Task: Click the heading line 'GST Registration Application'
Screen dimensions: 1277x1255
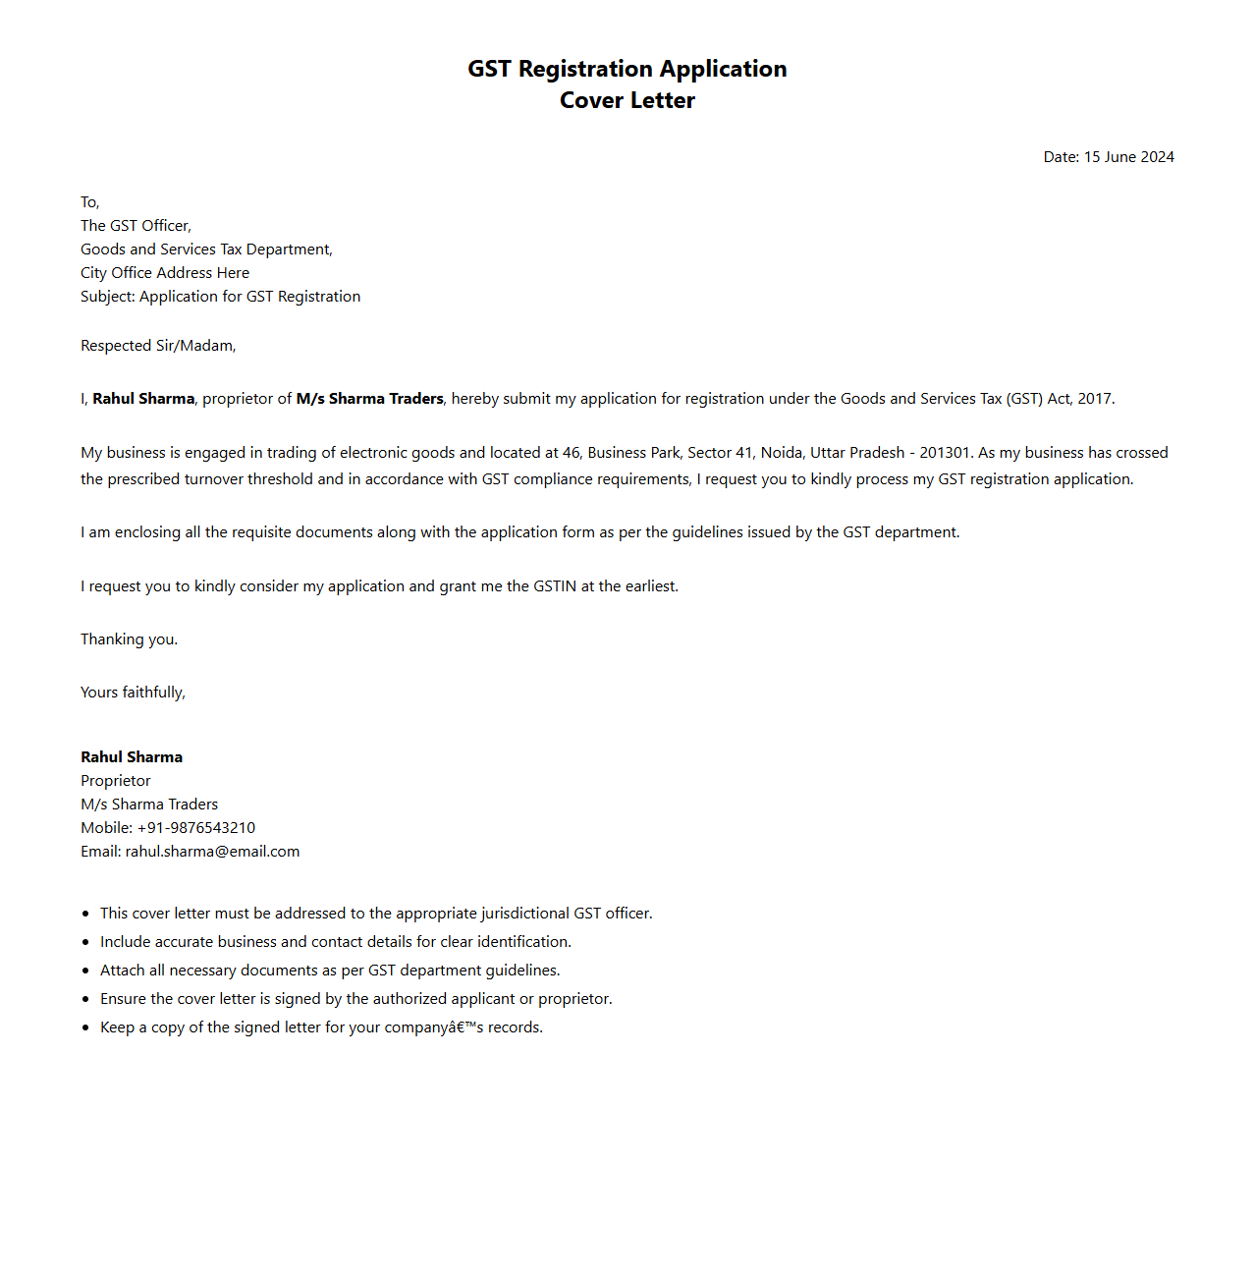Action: (x=627, y=69)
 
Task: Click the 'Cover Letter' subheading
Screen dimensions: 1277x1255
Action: (x=627, y=100)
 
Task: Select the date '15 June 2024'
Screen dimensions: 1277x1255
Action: (x=1128, y=157)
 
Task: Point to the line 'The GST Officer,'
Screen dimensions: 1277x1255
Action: (x=136, y=226)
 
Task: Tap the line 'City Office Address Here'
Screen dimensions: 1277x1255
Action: (x=165, y=273)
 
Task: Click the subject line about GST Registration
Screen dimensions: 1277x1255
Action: (x=220, y=297)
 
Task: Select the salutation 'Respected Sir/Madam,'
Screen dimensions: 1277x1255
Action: (x=158, y=346)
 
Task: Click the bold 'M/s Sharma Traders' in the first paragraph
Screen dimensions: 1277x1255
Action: (x=369, y=399)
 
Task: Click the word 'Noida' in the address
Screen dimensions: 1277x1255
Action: (x=782, y=453)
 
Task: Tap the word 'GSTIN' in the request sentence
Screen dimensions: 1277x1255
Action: (x=555, y=586)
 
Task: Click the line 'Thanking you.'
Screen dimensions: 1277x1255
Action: (x=129, y=639)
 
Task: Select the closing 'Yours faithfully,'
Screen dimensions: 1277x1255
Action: (x=133, y=693)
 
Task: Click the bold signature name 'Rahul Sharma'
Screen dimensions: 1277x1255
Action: (x=132, y=757)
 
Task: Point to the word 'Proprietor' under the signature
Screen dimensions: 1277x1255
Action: (x=116, y=781)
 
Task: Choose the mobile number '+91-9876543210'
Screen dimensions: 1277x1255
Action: (x=196, y=828)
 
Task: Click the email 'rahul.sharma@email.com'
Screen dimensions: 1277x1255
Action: (x=212, y=852)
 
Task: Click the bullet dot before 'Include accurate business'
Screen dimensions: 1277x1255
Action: (x=86, y=943)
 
